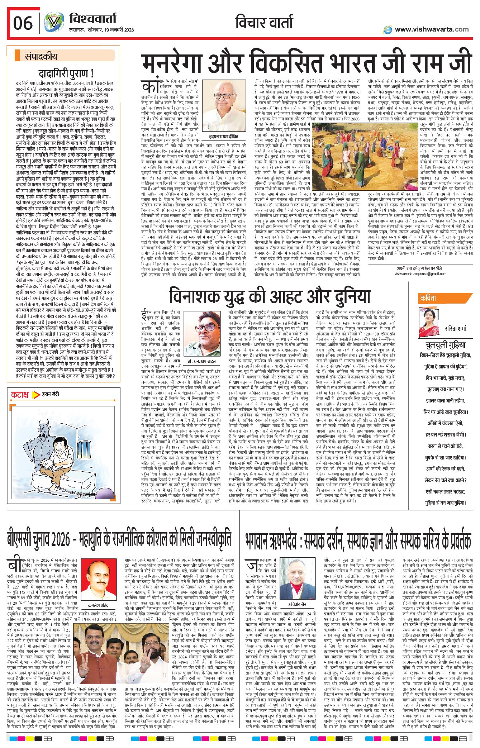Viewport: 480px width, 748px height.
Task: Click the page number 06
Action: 23,23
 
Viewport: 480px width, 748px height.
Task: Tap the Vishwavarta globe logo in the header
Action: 54,23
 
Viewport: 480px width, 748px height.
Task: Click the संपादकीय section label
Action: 41,56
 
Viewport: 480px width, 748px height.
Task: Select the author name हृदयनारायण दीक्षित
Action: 223,137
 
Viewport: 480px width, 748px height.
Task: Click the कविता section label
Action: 428,298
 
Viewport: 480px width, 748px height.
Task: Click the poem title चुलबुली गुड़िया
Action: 445,345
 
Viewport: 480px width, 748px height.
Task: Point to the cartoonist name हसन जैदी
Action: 51,394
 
